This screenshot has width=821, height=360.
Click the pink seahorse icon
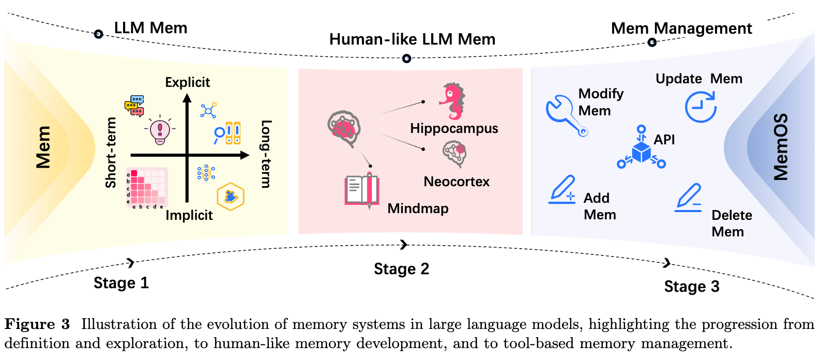tap(452, 101)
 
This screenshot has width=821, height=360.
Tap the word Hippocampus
tap(454, 129)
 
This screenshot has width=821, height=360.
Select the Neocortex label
tap(457, 182)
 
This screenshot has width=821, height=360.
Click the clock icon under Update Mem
tap(701, 107)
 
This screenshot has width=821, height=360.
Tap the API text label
tap(664, 139)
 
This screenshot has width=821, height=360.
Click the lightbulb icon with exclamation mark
tap(160, 130)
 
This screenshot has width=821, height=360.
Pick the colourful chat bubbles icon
tap(134, 106)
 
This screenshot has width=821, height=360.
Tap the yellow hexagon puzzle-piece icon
tap(230, 197)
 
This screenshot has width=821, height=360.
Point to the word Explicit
tap(188, 82)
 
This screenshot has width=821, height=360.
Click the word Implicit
tap(189, 215)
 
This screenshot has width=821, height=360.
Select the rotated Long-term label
tap(266, 154)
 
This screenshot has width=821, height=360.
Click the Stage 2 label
tap(401, 269)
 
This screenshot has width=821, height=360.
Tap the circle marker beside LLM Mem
tap(98, 34)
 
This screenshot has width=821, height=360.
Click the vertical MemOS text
tap(780, 147)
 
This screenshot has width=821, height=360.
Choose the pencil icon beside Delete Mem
tap(689, 198)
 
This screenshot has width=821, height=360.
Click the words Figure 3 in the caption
tap(37, 324)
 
